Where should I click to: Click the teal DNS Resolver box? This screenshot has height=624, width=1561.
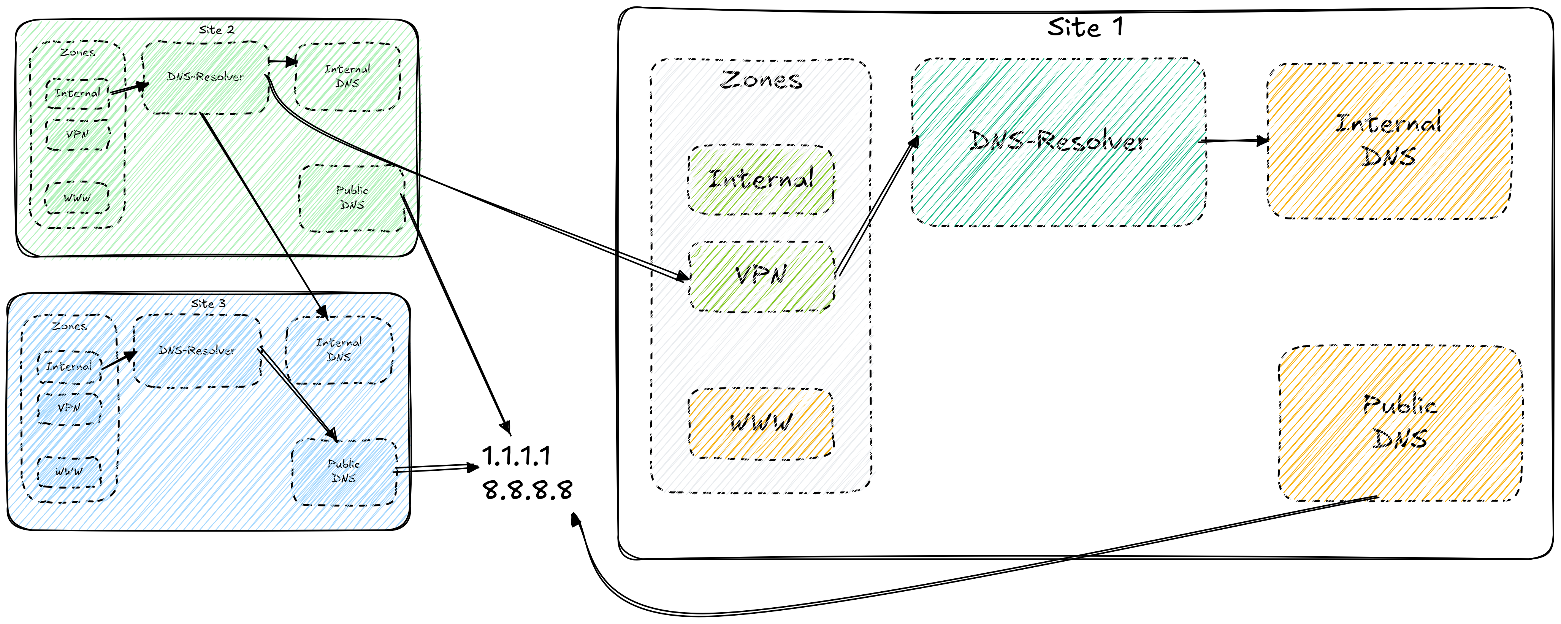click(1057, 143)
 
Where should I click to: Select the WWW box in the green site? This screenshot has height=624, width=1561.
click(78, 197)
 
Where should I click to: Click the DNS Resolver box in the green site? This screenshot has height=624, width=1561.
click(206, 78)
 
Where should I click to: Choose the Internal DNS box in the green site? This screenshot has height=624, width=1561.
click(352, 76)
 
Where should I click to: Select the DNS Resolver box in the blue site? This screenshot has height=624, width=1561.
click(197, 351)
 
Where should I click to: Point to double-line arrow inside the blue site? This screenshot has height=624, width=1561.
click(297, 394)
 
